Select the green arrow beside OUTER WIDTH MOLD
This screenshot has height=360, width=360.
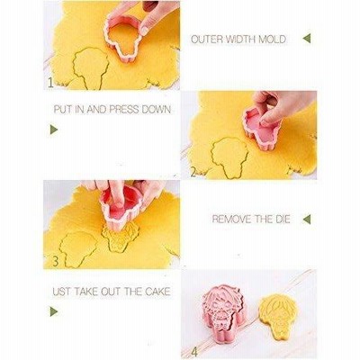point(307,39)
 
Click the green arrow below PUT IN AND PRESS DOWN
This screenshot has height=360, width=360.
point(54,130)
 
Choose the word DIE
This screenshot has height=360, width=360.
point(283,219)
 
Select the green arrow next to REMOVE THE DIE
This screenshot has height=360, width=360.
point(307,220)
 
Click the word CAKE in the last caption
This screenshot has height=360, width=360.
point(157,292)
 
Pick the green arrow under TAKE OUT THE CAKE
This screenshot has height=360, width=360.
point(54,311)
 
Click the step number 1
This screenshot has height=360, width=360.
point(50,83)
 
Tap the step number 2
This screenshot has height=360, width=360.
point(193,172)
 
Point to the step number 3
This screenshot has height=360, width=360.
point(56,261)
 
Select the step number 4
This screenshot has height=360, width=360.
point(194,352)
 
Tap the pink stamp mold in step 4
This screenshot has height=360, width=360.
point(225,312)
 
